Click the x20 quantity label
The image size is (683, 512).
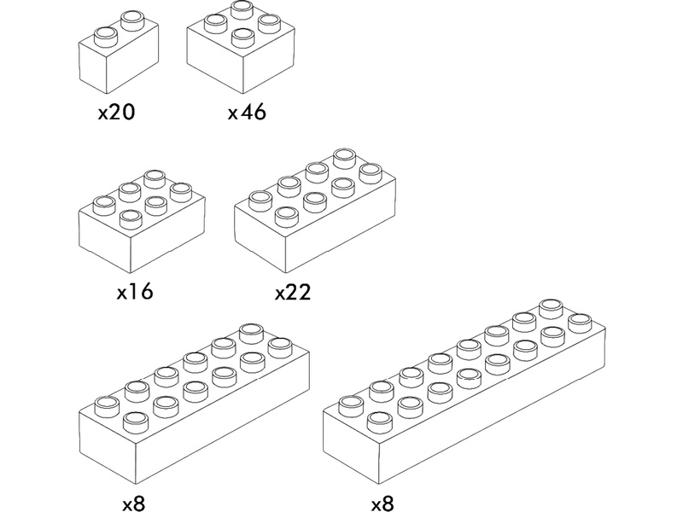pyautogui.click(x=117, y=113)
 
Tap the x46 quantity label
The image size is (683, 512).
pyautogui.click(x=247, y=113)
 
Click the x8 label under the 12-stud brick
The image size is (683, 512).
pyautogui.click(x=133, y=502)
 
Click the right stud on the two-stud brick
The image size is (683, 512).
pyautogui.click(x=132, y=18)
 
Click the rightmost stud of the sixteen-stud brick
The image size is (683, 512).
pyautogui.click(x=580, y=321)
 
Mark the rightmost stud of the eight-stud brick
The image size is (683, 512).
pyautogui.click(x=370, y=172)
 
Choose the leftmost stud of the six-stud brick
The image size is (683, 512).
pyautogui.click(x=104, y=203)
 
